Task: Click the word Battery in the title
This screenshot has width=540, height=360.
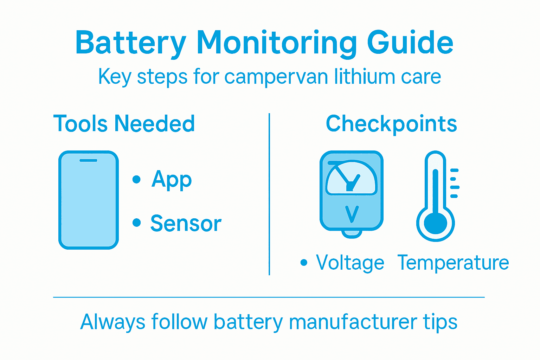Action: (x=130, y=43)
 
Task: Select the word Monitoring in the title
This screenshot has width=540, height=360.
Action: (x=276, y=43)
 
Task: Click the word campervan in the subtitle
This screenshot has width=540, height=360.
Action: (x=276, y=77)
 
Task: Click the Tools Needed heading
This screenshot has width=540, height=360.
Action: (x=124, y=124)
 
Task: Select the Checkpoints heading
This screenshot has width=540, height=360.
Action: (x=391, y=124)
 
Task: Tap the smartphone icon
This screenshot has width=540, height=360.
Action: (x=88, y=200)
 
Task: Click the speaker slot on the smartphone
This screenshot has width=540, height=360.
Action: (x=88, y=160)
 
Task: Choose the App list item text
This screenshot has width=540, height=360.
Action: (x=172, y=180)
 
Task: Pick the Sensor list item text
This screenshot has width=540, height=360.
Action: (x=186, y=223)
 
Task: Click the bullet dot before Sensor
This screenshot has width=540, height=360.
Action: (x=137, y=223)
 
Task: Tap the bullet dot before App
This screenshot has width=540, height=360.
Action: (x=137, y=180)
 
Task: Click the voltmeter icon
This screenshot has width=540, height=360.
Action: (x=351, y=192)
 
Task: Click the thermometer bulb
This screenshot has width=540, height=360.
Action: (x=436, y=223)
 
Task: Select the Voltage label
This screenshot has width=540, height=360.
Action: (x=350, y=263)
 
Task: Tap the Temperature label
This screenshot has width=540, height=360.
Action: (x=453, y=263)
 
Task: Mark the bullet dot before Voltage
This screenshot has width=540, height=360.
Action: (x=304, y=263)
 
